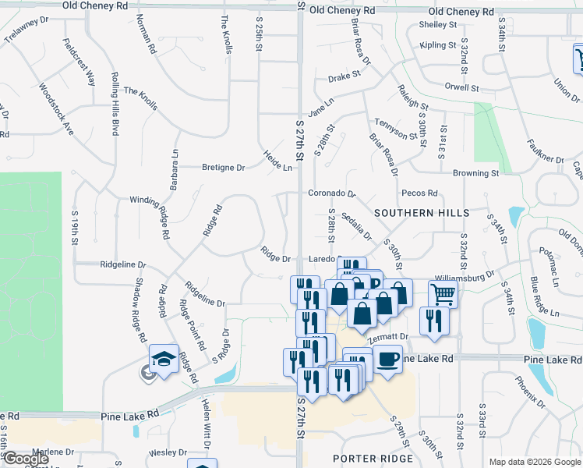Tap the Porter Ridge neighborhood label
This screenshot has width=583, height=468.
[x=373, y=459]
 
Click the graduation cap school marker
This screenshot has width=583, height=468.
[x=164, y=358]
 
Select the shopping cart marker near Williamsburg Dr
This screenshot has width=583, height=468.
[x=443, y=294]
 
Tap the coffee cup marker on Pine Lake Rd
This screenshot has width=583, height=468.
[x=387, y=359]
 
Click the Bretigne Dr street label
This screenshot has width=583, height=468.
[x=224, y=168]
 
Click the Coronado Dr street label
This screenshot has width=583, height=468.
[x=331, y=193]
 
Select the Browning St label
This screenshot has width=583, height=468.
[x=476, y=173]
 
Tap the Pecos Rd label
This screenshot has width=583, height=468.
[x=419, y=193]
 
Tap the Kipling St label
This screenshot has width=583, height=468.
[x=437, y=45]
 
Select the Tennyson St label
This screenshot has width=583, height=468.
[x=390, y=128]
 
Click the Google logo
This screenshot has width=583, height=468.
[x=26, y=459]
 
